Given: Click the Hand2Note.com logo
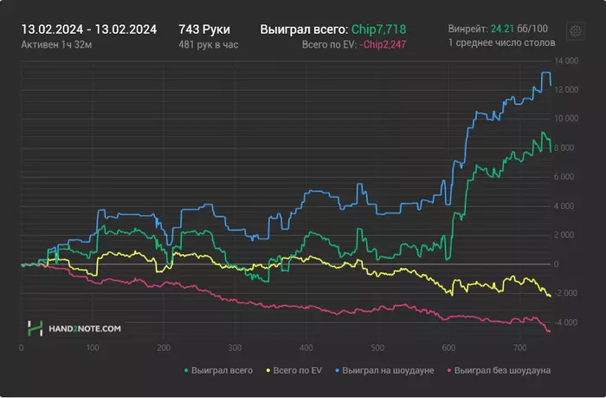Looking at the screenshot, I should point(74,329).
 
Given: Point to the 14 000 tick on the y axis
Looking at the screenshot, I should point(564,61).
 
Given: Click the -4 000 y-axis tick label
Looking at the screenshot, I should point(564,323).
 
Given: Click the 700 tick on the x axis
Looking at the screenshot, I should point(518,349).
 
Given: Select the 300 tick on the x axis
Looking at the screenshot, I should point(234,349).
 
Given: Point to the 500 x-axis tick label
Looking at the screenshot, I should point(376,349).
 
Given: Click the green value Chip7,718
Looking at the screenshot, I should point(378,29).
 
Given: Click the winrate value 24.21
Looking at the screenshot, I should point(503,29).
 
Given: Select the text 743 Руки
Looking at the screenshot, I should point(203,29).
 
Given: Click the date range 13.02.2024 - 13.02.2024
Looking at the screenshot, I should point(88,29).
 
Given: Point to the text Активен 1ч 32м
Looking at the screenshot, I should point(57,44).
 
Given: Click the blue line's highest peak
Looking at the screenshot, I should point(545,73).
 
